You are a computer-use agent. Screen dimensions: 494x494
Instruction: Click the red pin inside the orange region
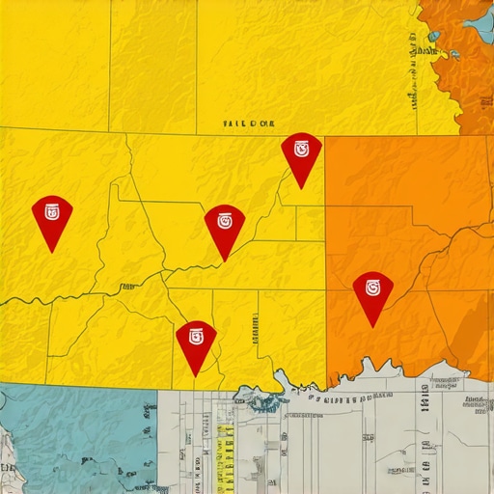click(x=372, y=293)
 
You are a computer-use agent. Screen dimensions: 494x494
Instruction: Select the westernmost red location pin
click(x=52, y=217)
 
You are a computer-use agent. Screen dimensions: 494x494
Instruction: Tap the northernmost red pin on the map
click(x=301, y=154)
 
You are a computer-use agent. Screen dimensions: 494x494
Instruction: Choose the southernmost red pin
click(x=196, y=343)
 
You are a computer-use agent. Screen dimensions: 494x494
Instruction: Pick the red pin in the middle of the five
click(x=225, y=227)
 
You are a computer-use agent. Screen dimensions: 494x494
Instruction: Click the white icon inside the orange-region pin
click(x=372, y=287)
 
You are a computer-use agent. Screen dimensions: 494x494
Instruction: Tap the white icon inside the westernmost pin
click(x=52, y=211)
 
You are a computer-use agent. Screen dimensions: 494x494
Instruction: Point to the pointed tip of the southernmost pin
click(x=196, y=375)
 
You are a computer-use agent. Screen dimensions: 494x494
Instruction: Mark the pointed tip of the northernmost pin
click(x=302, y=188)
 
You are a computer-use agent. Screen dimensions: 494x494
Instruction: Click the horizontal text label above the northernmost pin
click(x=248, y=124)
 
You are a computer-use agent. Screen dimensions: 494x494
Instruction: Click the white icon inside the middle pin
click(x=225, y=219)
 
